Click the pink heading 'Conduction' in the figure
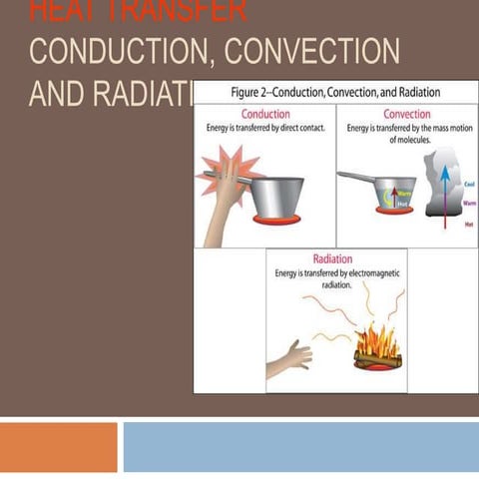(265, 114)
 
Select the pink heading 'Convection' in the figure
(406, 114)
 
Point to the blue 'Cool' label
(469, 185)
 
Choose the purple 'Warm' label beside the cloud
(469, 203)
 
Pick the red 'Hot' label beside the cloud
(469, 225)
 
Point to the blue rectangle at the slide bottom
(299, 446)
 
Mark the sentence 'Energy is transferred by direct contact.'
(265, 128)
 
